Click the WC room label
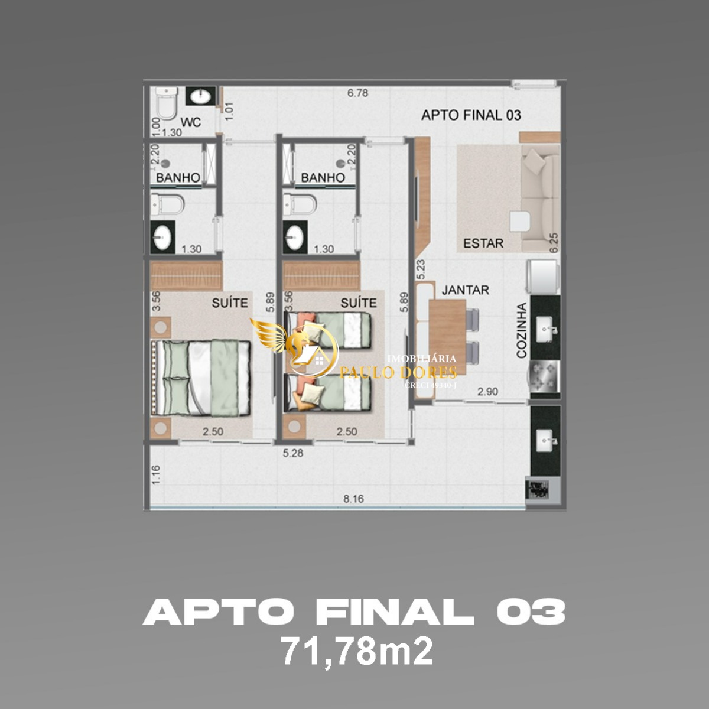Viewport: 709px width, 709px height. [x=191, y=122]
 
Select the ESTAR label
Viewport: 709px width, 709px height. [x=483, y=243]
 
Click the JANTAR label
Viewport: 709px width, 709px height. [x=466, y=290]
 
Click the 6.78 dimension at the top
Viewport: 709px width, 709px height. [x=358, y=93]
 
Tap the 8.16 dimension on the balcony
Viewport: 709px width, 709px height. [x=353, y=499]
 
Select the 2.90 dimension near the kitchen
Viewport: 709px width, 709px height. [x=488, y=391]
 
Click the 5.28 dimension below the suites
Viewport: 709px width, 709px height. [x=293, y=453]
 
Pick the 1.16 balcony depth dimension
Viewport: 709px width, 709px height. [x=155, y=475]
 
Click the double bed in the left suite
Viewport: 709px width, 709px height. [x=202, y=377]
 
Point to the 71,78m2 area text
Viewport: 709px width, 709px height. [x=356, y=652]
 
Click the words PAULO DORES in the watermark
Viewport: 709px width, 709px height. [x=399, y=372]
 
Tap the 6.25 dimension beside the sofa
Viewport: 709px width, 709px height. [x=554, y=242]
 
